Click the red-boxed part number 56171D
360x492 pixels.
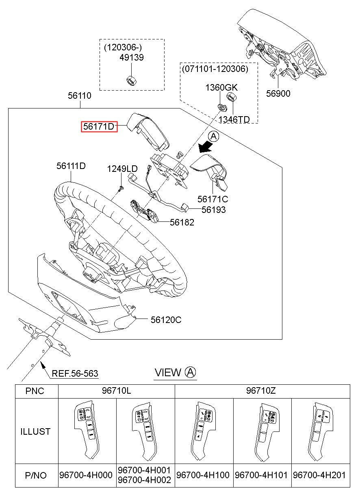point(99,127)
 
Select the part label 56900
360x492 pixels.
point(278,93)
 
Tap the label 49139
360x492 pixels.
point(131,58)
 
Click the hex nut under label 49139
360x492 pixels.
point(131,80)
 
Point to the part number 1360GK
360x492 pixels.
point(221,88)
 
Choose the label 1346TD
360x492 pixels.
point(234,119)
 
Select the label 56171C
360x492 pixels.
point(213,199)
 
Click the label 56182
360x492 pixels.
point(182,222)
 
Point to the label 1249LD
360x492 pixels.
point(122,169)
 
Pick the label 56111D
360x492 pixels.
point(71,166)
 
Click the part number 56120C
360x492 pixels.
point(166,320)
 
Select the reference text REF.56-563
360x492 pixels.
point(75,373)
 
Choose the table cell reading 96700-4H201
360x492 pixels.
point(321,475)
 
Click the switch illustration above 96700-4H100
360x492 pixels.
point(203,430)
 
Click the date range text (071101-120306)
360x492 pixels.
point(214,69)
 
